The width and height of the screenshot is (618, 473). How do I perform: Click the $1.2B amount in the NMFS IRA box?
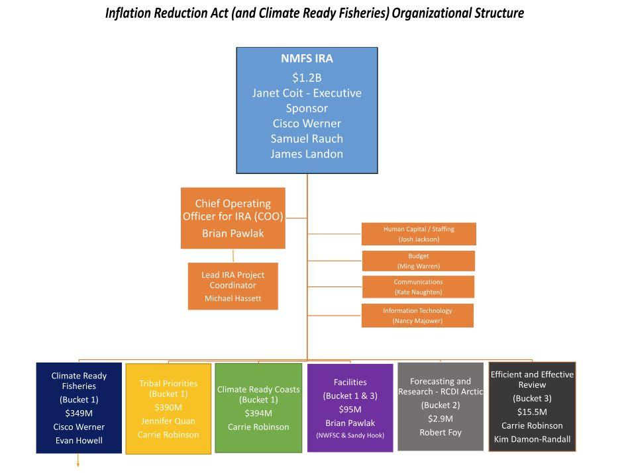[307, 77]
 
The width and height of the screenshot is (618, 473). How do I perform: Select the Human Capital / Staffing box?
[419, 234]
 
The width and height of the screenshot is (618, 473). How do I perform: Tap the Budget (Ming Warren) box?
[419, 261]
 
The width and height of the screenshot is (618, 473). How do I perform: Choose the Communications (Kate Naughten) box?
[418, 287]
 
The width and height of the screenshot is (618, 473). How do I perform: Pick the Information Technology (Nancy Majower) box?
[417, 316]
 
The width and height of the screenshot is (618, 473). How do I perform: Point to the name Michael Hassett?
[232, 298]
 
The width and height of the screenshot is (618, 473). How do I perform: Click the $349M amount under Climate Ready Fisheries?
[79, 413]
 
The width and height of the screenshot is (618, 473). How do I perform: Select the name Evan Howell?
[79, 441]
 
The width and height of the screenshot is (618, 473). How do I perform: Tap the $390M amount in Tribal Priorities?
[168, 408]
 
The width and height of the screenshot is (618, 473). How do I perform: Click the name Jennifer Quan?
[168, 421]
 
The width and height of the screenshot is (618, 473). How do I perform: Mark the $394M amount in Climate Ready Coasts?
[258, 413]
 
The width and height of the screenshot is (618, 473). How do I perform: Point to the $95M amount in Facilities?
[350, 409]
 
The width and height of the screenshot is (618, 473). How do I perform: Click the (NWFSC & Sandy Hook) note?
[350, 435]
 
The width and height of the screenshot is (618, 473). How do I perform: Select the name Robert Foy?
[440, 433]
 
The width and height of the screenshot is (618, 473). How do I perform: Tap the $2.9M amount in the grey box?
[440, 419]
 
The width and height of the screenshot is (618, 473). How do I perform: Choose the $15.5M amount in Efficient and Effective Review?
[532, 412]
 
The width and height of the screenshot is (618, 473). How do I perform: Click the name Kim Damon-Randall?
[532, 439]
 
